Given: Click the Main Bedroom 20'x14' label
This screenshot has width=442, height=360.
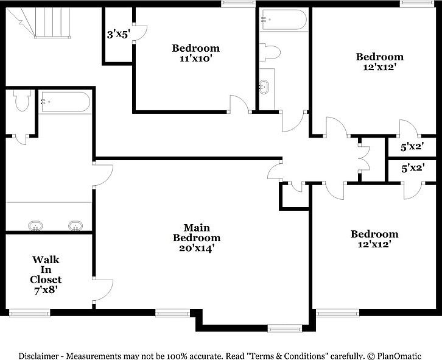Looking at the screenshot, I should tap(197, 238).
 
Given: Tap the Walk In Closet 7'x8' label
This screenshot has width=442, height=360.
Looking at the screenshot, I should tap(46, 274).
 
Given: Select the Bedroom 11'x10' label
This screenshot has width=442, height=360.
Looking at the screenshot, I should tap(195, 53).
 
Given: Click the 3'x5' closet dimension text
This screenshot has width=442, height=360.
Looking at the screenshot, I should tap(118, 35).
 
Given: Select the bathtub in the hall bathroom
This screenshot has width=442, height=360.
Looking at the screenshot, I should tap(284, 20).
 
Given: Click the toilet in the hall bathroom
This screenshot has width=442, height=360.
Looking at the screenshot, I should tap(269, 52).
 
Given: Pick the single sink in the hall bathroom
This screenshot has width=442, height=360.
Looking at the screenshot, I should tap(265, 87).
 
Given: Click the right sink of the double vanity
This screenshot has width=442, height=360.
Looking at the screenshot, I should tap(75, 226).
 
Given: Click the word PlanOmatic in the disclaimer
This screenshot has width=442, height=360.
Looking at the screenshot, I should tap(409, 355).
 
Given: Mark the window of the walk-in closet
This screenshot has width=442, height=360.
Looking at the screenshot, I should tap(29, 313).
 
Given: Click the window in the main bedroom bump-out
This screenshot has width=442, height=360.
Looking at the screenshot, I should tap(285, 329).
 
